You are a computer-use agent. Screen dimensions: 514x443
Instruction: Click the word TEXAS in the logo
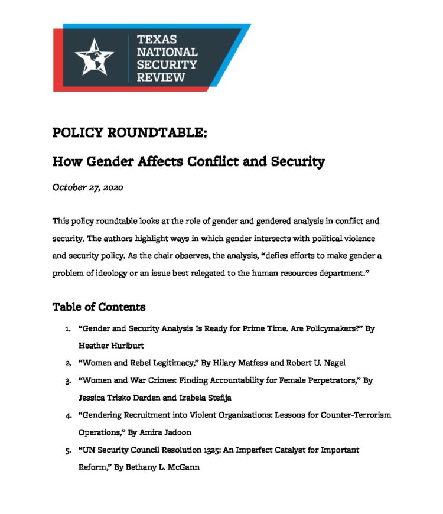[x=157, y=40]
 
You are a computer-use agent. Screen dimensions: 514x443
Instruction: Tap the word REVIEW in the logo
[x=161, y=77]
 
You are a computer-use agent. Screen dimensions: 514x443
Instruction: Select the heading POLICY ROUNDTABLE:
[x=130, y=133]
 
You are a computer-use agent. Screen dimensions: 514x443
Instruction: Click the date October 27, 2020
[x=88, y=187]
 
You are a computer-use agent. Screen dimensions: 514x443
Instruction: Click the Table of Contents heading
[x=99, y=307]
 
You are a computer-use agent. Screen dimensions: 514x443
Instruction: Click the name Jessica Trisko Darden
[x=119, y=398]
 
